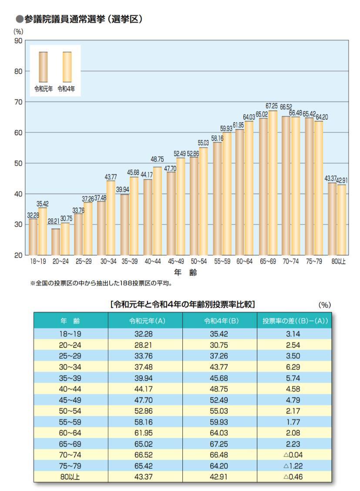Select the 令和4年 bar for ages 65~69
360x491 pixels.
click(273, 183)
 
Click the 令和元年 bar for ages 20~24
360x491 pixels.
click(56, 242)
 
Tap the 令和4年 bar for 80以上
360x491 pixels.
click(342, 220)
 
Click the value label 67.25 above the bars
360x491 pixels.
click(272, 106)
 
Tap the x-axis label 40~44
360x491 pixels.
click(152, 262)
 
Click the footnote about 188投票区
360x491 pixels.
click(101, 283)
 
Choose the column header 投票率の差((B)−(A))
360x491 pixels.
click(294, 321)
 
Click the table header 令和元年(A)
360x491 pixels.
click(145, 321)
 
